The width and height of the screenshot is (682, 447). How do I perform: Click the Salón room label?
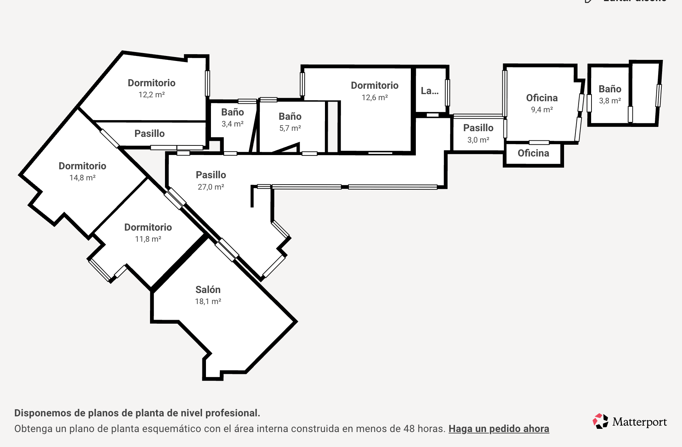click(208, 289)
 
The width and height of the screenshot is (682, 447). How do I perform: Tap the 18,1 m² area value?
click(208, 302)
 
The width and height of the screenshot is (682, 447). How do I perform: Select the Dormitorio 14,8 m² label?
click(82, 166)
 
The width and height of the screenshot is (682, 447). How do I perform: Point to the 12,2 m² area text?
click(151, 95)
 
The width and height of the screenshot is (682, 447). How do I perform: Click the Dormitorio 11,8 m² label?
click(148, 227)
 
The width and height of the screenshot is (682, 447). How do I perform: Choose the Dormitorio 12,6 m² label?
click(374, 86)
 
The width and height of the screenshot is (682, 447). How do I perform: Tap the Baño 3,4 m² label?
click(232, 112)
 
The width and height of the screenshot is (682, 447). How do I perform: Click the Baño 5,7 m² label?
click(290, 117)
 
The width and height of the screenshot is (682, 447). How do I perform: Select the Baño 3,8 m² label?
click(610, 89)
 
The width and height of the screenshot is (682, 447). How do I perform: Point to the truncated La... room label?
click(429, 91)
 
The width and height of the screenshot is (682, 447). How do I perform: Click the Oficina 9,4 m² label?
click(542, 98)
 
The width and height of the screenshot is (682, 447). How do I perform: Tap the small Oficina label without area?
click(533, 153)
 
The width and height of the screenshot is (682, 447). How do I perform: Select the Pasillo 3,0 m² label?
click(478, 128)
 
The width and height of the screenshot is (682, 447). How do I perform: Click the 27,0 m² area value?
click(211, 187)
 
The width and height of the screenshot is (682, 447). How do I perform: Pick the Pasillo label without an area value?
click(149, 134)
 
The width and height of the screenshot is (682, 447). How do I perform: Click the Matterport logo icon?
click(600, 421)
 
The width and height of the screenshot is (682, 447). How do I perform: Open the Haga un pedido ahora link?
click(498, 428)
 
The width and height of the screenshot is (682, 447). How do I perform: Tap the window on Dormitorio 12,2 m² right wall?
click(207, 83)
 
